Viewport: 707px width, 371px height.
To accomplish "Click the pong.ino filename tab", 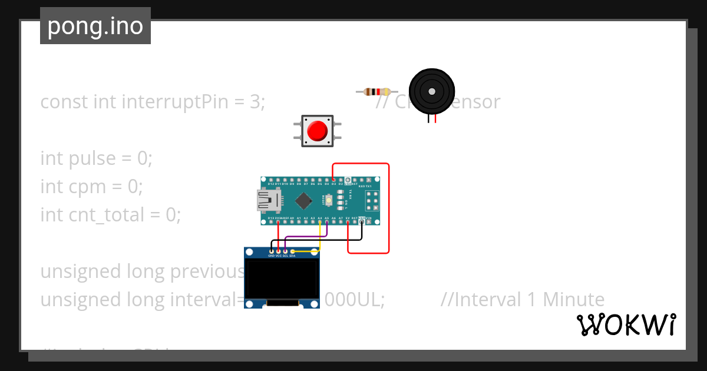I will click(95, 26).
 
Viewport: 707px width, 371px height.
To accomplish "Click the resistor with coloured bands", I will click(374, 91).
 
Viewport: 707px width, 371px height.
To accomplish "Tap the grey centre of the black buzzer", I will click(432, 92).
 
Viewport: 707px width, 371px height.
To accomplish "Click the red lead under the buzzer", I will click(435, 119).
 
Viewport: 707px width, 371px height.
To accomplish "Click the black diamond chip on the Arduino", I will click(303, 201).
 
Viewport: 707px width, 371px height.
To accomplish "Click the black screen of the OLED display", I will click(282, 279).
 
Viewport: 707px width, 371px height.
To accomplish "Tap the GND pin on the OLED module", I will click(271, 251).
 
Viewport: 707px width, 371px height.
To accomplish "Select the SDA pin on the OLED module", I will click(292, 251).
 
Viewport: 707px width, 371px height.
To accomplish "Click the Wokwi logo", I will click(626, 325).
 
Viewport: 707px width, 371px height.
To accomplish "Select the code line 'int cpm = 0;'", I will click(91, 187).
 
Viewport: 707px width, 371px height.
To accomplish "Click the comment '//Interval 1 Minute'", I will click(522, 300).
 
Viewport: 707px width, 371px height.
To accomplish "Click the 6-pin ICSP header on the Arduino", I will click(372, 201).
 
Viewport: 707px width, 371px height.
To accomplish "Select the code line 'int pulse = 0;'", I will click(96, 158).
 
